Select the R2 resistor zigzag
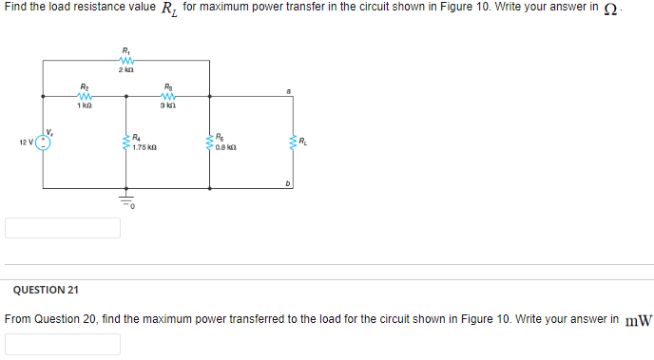point(84,95)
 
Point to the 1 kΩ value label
point(84,105)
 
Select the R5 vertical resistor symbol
point(209,142)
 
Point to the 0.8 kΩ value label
point(228,148)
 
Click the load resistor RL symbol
point(291,142)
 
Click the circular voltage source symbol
point(43,142)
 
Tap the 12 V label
point(26,143)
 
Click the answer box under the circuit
point(63,228)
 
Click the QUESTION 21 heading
point(41,289)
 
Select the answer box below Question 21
point(63,343)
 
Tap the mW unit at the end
point(639,320)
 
